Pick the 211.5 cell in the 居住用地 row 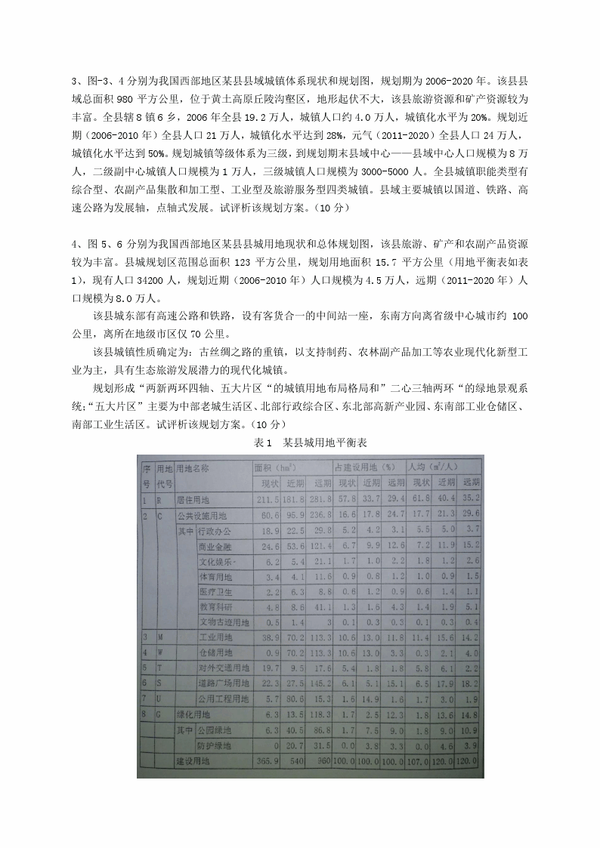268,499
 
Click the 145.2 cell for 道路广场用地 320,683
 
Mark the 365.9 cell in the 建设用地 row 268,761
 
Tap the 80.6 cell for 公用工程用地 294,699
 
